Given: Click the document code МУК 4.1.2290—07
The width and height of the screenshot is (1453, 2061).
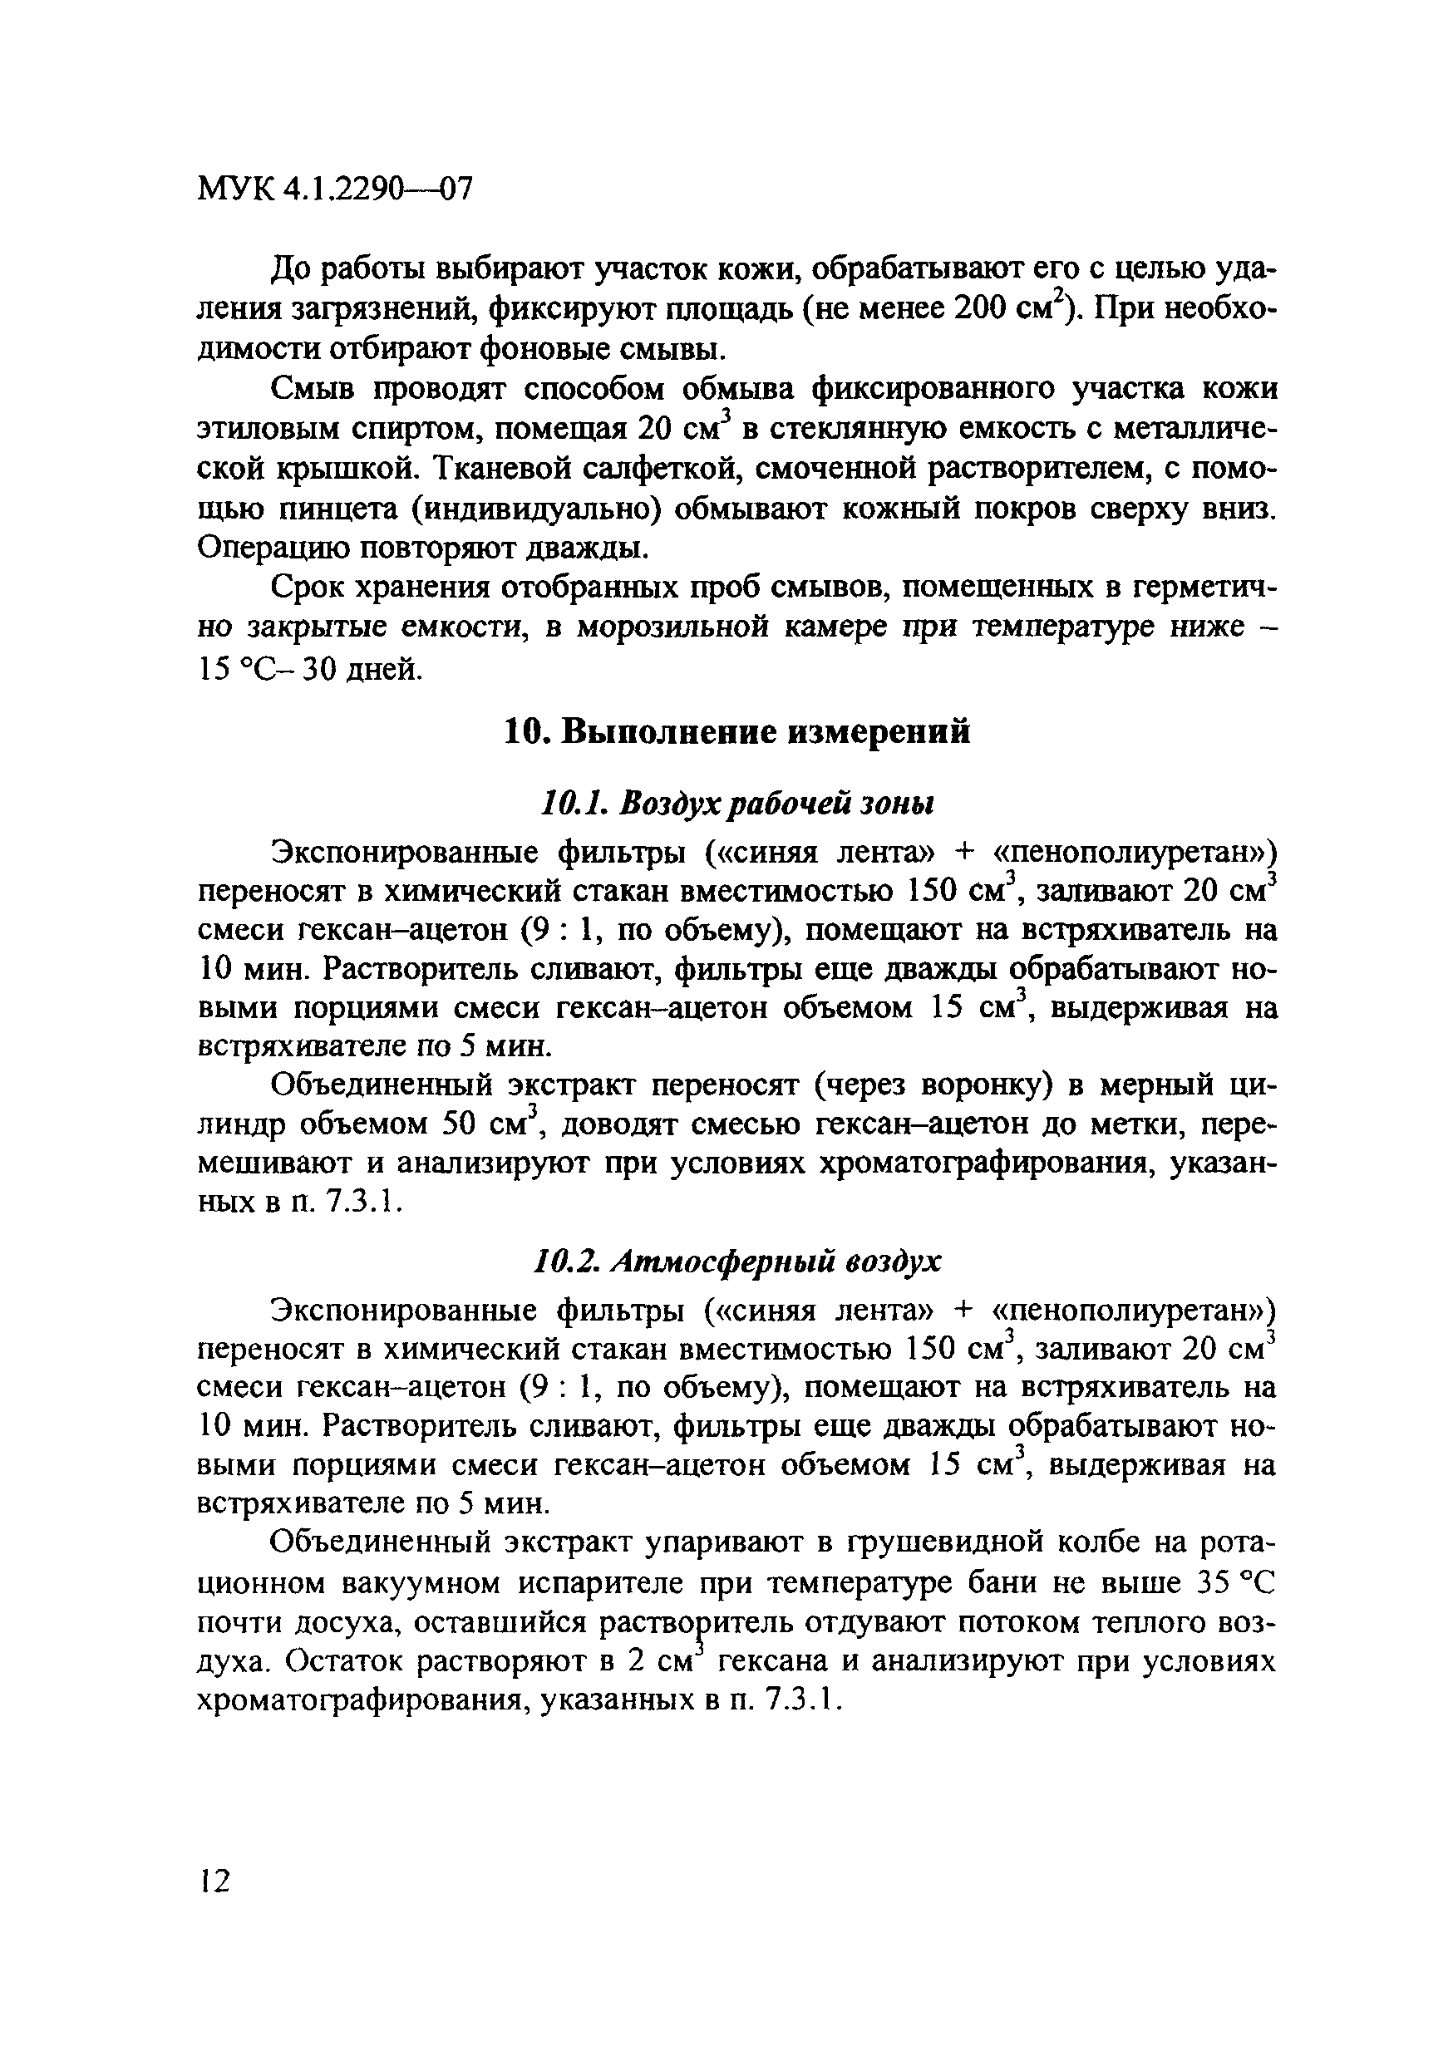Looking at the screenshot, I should (x=334, y=190).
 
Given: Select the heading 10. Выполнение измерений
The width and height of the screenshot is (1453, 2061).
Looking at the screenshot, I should (x=736, y=732).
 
